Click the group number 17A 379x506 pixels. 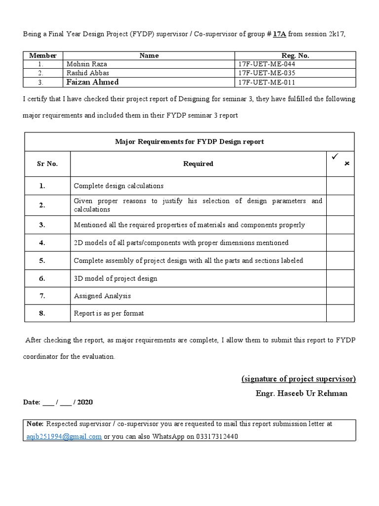[279, 34]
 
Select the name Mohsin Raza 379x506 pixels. [86, 64]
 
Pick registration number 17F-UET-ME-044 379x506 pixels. [266, 64]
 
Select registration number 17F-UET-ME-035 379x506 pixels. [266, 73]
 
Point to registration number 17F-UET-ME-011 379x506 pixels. [266, 82]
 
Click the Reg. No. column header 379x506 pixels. [295, 55]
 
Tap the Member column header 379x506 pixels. [43, 55]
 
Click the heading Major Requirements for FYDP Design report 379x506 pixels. [189, 141]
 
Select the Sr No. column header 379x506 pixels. [47, 164]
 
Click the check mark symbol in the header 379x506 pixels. [334, 157]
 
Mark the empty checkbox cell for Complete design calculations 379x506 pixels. [340, 186]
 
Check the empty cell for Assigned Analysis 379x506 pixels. [340, 296]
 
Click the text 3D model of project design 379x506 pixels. [115, 278]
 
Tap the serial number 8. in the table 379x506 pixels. [42, 313]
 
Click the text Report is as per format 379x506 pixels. [109, 313]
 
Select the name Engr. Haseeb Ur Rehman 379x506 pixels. [302, 393]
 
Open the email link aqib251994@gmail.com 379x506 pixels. [64, 436]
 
